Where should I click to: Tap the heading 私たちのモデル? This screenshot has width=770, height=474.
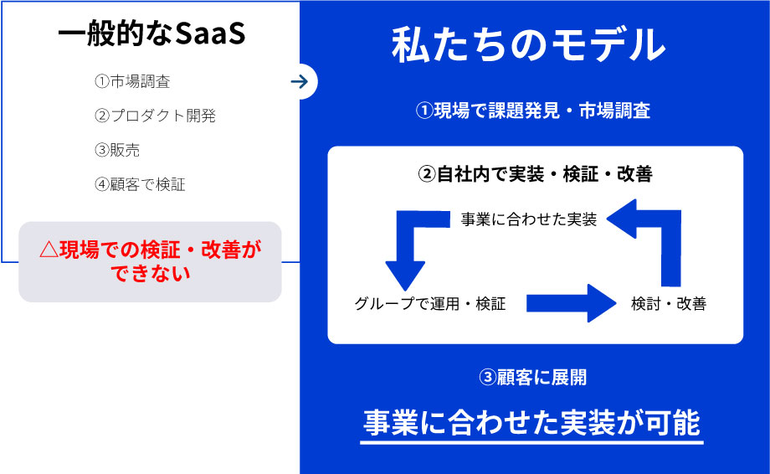(x=528, y=46)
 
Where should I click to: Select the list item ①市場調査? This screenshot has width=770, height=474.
(x=133, y=82)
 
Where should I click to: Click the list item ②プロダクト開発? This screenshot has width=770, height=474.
(x=155, y=116)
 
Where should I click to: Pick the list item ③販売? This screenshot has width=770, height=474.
(x=117, y=150)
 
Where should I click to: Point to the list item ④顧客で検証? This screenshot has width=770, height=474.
(x=140, y=184)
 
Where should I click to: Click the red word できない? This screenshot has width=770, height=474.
(x=151, y=273)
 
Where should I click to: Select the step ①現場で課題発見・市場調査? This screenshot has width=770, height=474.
(x=533, y=111)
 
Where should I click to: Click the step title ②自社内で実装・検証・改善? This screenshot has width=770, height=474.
(x=535, y=174)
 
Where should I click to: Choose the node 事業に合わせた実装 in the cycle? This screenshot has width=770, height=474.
(x=529, y=219)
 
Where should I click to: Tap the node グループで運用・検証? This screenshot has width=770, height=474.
(x=430, y=303)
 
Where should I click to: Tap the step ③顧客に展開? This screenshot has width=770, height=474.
(x=533, y=378)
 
